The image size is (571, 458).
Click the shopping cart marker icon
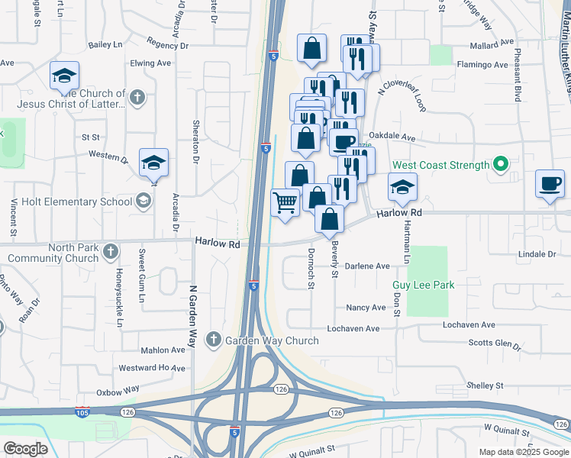(285, 203)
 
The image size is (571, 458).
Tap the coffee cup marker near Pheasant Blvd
(550, 184)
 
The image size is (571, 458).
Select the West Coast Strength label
(440, 166)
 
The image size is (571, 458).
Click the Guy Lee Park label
(424, 285)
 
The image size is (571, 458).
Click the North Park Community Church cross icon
(111, 250)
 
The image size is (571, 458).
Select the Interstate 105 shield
(82, 413)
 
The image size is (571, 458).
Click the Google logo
(25, 449)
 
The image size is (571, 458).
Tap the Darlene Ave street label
(367, 266)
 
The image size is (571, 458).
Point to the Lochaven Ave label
(353, 328)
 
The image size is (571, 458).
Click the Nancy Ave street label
(366, 308)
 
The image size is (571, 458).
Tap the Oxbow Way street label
(118, 390)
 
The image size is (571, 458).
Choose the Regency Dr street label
(168, 45)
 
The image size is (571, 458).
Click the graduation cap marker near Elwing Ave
(65, 76)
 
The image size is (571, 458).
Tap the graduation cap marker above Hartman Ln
(402, 186)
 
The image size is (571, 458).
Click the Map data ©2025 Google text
(523, 452)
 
